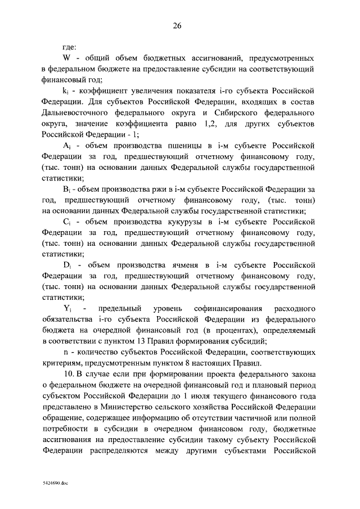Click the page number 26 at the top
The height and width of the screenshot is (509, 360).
coord(180,26)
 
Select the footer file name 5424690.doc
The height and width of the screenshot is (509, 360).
coord(55,483)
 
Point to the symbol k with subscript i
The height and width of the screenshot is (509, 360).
coord(66,90)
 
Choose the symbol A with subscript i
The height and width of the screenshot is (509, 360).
coord(66,146)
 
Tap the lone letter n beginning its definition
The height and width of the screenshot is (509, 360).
coord(65,352)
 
